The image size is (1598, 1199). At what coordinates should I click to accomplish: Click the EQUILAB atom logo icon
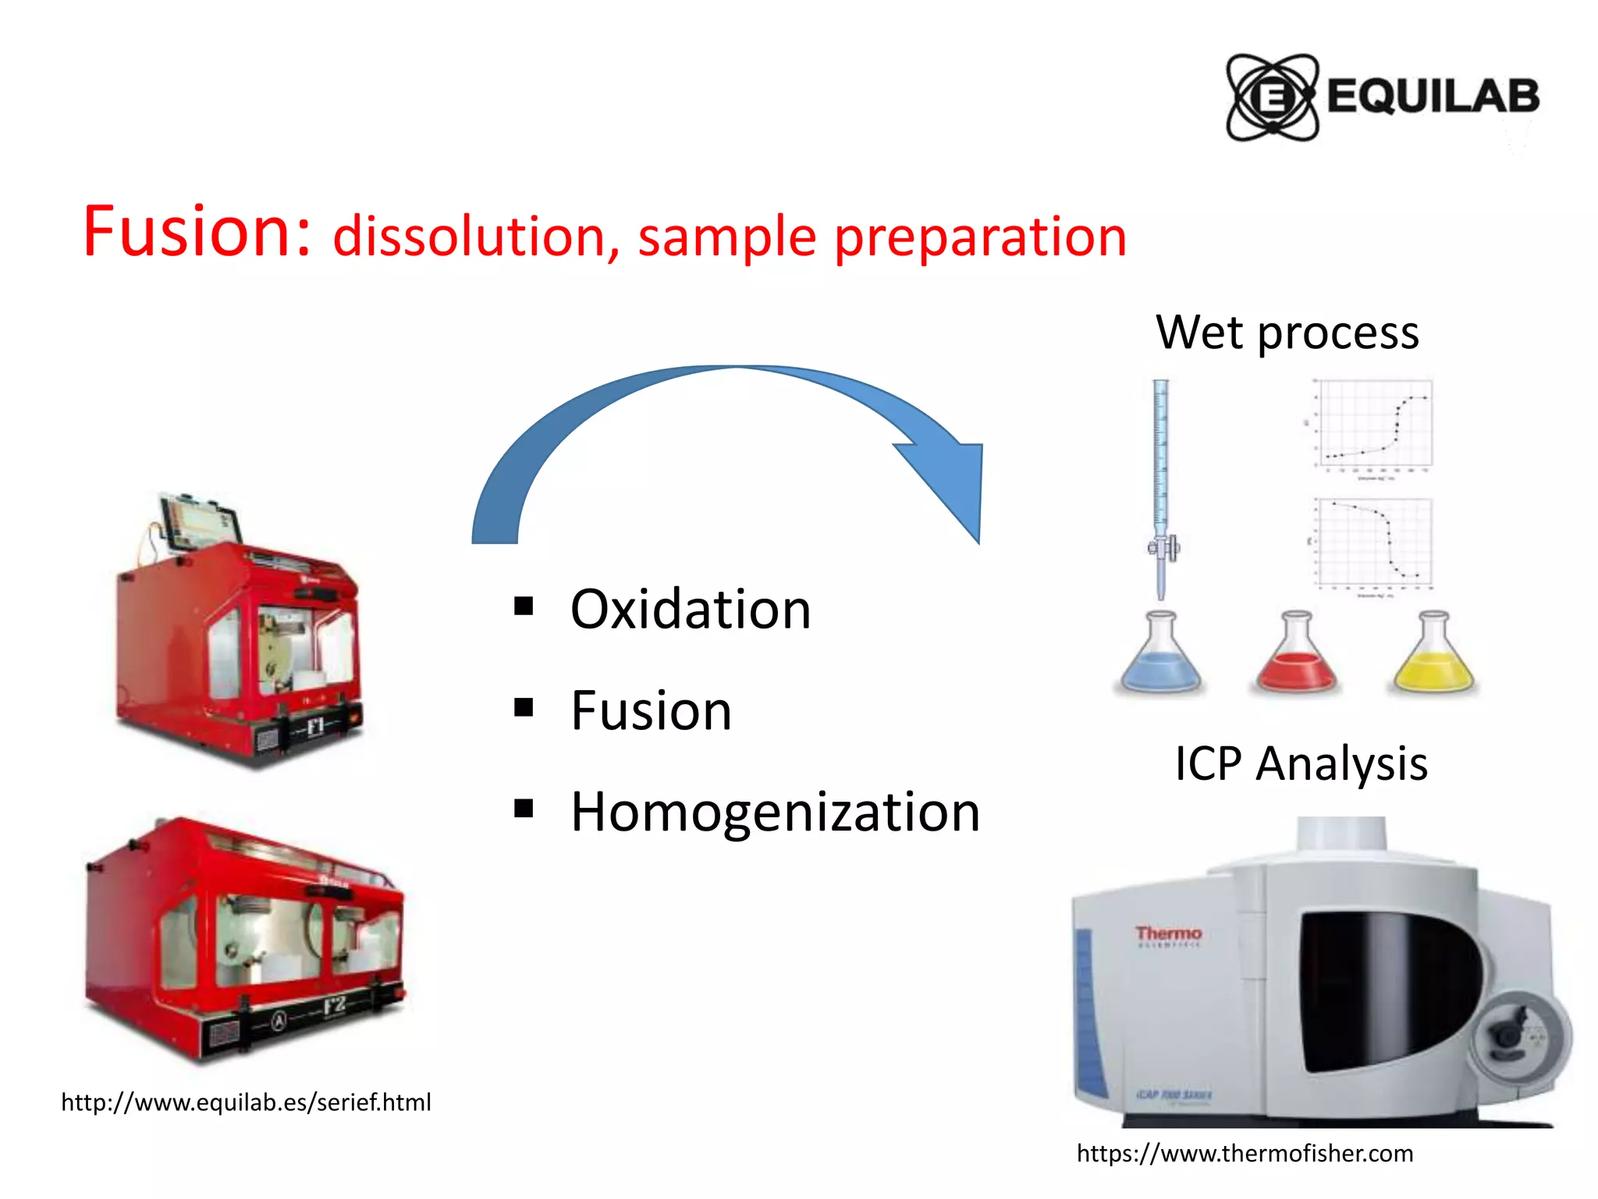[1272, 98]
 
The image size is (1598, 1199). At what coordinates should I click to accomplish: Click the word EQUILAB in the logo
[1433, 97]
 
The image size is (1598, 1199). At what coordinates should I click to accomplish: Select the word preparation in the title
[981, 237]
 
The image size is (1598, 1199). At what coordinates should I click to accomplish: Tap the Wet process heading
[1287, 333]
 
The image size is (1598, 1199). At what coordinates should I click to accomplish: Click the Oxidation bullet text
[691, 609]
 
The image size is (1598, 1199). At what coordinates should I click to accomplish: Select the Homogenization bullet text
[775, 812]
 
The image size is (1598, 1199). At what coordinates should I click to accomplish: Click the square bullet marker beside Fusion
[524, 708]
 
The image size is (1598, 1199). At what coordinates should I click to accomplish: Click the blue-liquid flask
[1160, 656]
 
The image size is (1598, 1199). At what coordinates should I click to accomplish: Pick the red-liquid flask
[1296, 656]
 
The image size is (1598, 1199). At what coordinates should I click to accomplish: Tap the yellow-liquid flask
[1433, 656]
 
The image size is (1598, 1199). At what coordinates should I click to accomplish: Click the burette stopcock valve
[1163, 547]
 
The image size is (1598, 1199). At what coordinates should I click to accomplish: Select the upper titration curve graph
[1373, 425]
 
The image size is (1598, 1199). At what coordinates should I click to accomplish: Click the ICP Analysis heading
[1301, 763]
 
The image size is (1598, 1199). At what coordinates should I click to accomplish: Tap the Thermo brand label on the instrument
[1168, 934]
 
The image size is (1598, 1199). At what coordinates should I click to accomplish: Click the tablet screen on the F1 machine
[200, 521]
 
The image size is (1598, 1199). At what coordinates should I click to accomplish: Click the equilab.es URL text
[246, 1102]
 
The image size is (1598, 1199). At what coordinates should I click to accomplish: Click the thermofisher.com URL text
[1245, 1153]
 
